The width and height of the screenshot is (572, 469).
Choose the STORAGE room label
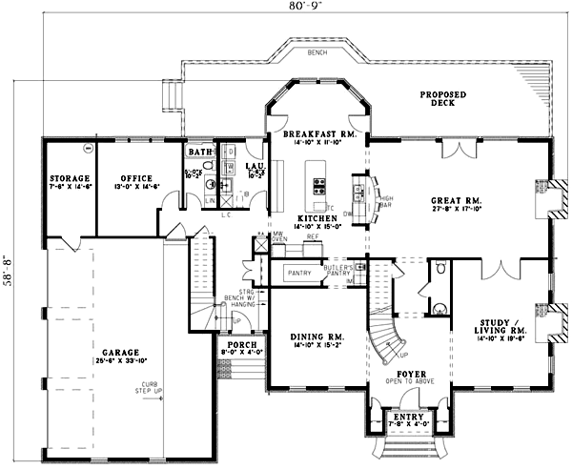pos(71,178)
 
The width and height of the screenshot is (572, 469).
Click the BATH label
pos(199,152)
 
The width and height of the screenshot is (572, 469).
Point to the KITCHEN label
pos(313,218)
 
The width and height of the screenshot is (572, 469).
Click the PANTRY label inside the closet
pos(299,274)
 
